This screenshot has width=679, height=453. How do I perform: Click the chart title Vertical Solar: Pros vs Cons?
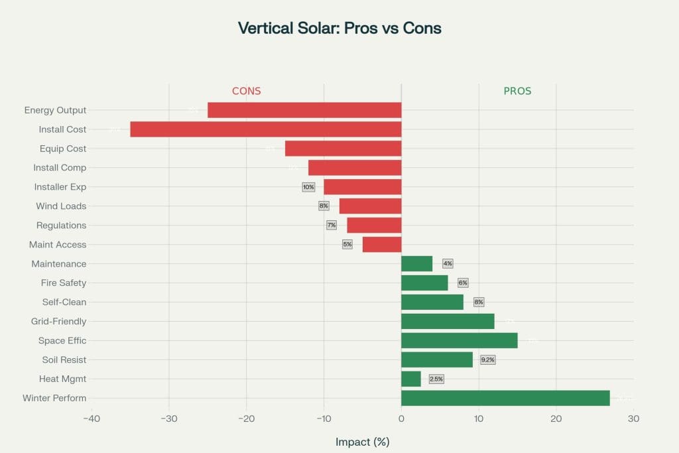coord(339,29)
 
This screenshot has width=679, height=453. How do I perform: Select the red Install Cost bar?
coord(265,129)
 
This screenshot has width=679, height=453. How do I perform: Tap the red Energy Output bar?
coord(304,110)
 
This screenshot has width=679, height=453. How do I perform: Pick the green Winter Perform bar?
coord(505,398)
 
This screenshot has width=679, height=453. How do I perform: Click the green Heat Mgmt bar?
coord(411,379)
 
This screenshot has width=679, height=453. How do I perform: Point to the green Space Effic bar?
coord(460,340)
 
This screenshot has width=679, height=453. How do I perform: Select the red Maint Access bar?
coord(382,245)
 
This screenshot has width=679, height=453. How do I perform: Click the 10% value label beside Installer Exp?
coord(308,187)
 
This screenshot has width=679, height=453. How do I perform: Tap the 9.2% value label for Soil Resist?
coord(488,359)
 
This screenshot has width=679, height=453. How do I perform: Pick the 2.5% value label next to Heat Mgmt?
coord(436,379)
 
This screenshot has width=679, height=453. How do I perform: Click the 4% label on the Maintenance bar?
coord(448,263)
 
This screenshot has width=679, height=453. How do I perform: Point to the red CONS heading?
coord(246,92)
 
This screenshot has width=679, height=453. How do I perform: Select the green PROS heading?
coord(517,92)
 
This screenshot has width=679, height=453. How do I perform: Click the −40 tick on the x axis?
coord(92,419)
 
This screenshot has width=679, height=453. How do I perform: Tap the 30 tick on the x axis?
coord(633,419)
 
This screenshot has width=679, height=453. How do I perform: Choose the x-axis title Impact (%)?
coord(362,442)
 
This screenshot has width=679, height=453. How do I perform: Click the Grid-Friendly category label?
coord(58,322)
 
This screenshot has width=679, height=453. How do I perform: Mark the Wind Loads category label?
coord(61,206)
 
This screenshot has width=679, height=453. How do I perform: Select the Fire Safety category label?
coord(64,283)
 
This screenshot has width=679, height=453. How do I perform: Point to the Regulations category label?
coord(61,226)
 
